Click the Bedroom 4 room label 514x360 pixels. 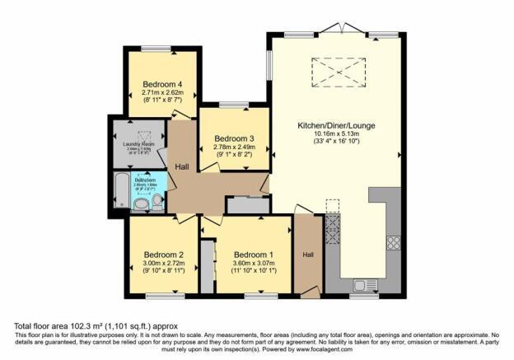(x=161, y=84)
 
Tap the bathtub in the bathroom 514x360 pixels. (x=120, y=192)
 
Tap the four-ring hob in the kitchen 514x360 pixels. (x=393, y=243)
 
